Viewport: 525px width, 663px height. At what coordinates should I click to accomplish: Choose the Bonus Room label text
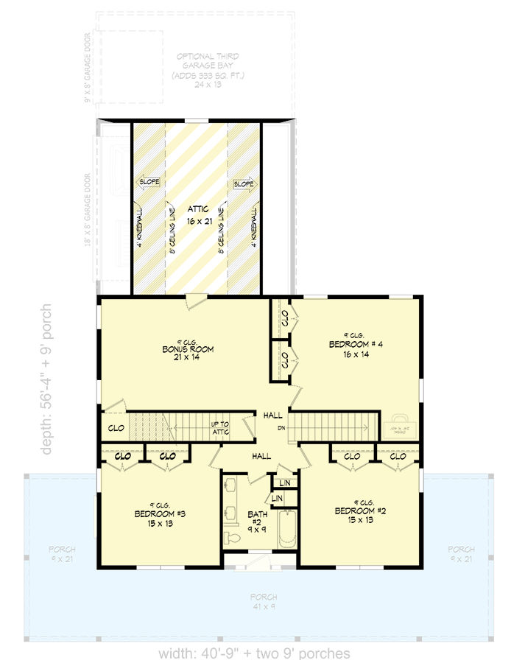pos(188,348)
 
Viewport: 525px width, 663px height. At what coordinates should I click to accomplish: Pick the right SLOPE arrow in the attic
pos(244,183)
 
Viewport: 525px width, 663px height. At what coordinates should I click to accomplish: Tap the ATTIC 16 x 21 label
pos(197,214)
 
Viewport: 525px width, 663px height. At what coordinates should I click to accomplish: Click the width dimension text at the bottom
pos(254,653)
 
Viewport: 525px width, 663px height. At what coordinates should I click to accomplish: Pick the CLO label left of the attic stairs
pos(116,427)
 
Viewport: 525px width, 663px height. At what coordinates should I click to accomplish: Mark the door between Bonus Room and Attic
pos(195,301)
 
